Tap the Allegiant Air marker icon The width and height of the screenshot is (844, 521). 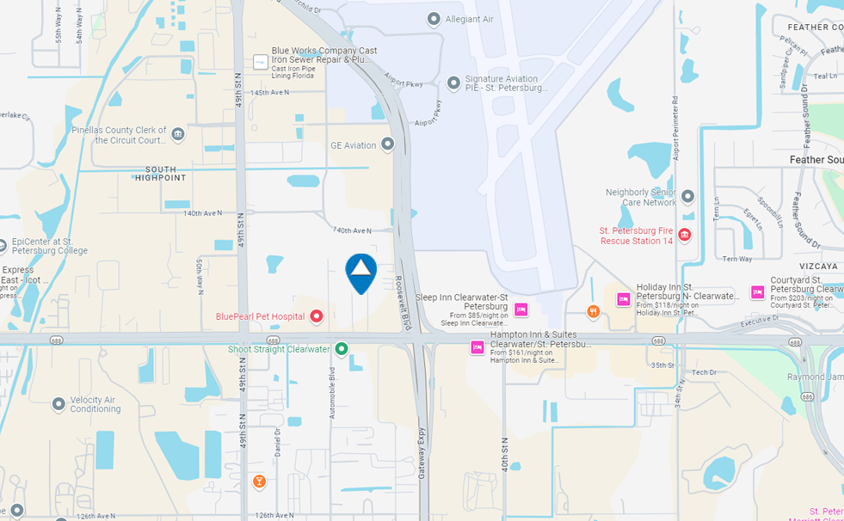pyautogui.click(x=434, y=19)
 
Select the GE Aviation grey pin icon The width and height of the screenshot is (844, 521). pyautogui.click(x=388, y=145)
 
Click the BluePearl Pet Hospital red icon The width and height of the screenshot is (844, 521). pyautogui.click(x=316, y=316)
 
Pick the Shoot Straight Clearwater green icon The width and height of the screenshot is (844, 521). pyautogui.click(x=342, y=349)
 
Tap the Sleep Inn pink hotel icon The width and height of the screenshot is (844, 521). pyautogui.click(x=521, y=310)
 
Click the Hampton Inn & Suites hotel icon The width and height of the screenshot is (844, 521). pyautogui.click(x=477, y=347)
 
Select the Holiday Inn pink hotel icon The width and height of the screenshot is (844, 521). pyautogui.click(x=624, y=299)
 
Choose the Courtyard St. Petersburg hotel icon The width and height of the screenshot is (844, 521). pyautogui.click(x=758, y=292)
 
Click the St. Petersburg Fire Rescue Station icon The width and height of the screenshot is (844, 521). pyautogui.click(x=685, y=235)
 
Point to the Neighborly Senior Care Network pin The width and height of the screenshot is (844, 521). pyautogui.click(x=687, y=197)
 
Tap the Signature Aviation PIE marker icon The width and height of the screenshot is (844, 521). pyautogui.click(x=454, y=83)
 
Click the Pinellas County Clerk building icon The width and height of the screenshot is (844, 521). pyautogui.click(x=178, y=134)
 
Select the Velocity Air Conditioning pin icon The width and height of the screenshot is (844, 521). pyautogui.click(x=59, y=404)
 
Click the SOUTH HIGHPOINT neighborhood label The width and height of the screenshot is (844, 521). pyautogui.click(x=161, y=174)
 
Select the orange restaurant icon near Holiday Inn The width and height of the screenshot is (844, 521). pyautogui.click(x=594, y=311)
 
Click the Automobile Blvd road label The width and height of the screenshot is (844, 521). pyautogui.click(x=331, y=393)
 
